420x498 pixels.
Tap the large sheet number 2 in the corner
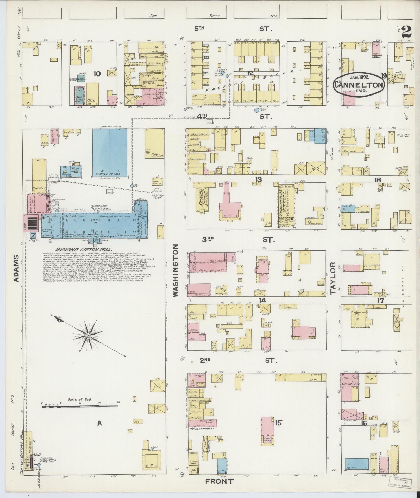(407, 32)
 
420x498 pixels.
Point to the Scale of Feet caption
(80, 407)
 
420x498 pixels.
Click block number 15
(278, 423)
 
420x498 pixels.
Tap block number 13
(258, 180)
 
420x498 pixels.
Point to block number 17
(381, 300)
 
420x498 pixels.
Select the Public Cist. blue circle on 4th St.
(256, 110)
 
